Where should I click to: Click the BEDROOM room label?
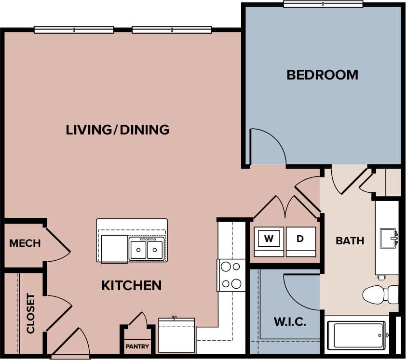322,75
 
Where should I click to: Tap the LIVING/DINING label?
118,130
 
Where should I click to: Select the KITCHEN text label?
131,285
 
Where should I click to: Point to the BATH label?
350,240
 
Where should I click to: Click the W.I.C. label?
290,322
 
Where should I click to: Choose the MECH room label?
25,243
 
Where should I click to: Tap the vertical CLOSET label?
31,313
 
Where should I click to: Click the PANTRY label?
137,347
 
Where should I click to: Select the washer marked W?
269,239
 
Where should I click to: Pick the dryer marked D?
300,239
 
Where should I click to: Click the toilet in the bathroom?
379,294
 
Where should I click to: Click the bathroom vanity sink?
388,238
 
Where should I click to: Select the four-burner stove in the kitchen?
231,275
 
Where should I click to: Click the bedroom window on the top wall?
323,4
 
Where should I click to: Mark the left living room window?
74,30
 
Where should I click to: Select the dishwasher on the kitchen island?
114,248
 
